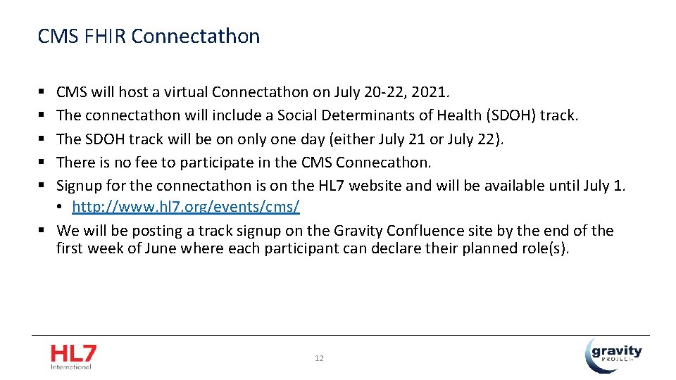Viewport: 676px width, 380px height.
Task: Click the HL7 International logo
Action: tap(73, 356)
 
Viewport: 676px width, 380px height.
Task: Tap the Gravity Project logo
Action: tap(613, 354)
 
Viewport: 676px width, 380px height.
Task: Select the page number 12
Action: tap(319, 358)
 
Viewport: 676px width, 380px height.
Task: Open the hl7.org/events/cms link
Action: tap(186, 207)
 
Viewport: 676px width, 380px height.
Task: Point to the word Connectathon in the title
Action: tap(195, 36)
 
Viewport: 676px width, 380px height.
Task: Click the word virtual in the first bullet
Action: tap(184, 92)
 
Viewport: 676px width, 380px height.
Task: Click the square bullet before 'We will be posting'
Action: tap(42, 231)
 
